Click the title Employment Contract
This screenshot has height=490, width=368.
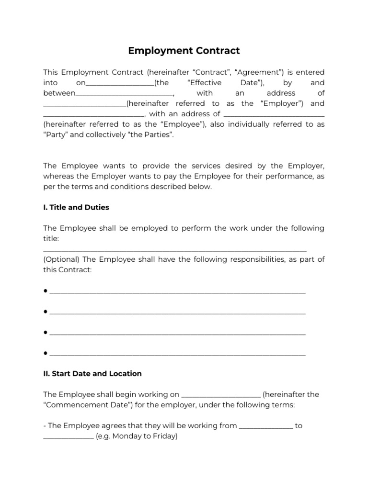(184, 51)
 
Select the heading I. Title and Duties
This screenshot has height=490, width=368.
(76, 207)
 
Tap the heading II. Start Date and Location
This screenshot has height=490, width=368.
(92, 373)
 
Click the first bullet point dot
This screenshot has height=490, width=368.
(45, 291)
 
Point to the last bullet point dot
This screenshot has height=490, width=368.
(45, 353)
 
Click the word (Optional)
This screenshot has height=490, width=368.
(61, 259)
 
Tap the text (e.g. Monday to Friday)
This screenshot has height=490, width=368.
(137, 436)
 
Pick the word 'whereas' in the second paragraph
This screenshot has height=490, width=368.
(59, 177)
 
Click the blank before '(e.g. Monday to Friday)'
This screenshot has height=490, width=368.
(68, 437)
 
